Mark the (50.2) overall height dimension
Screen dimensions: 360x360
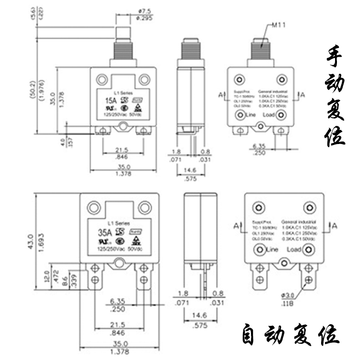(x=32, y=87)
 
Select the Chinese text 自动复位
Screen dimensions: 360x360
(x=290, y=335)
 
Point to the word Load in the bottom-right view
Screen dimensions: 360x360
(x=294, y=250)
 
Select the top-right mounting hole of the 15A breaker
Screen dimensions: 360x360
(x=145, y=79)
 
